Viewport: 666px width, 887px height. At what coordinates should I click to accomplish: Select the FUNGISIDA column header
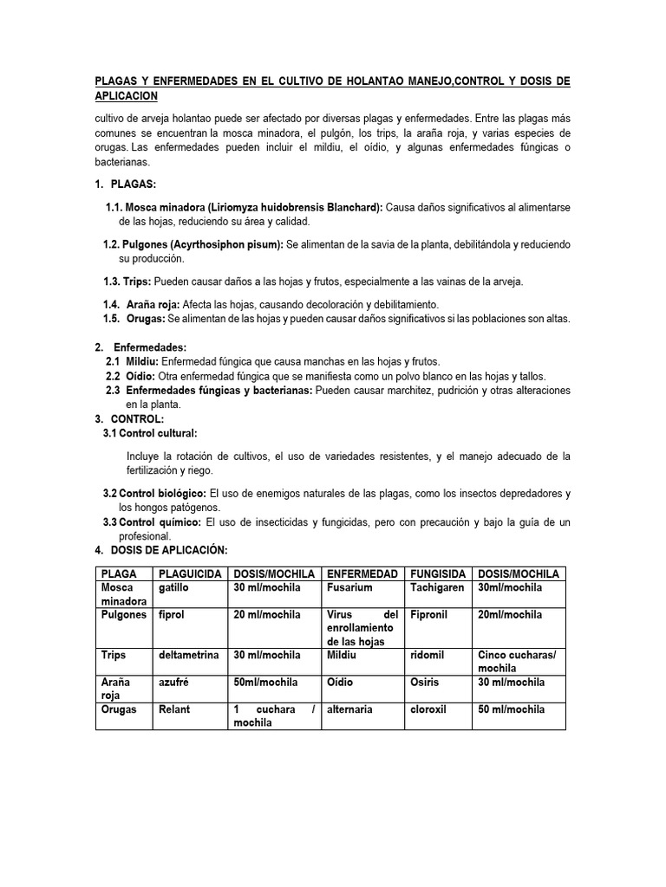pyautogui.click(x=440, y=573)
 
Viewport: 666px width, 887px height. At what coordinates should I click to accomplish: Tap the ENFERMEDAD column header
pyautogui.click(x=362, y=573)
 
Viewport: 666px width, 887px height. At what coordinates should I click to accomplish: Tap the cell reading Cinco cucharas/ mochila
pyautogui.click(x=517, y=662)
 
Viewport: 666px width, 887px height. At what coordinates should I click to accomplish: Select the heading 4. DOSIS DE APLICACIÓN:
pyautogui.click(x=160, y=550)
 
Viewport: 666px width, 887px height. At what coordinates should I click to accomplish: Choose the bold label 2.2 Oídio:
pyautogui.click(x=131, y=376)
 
